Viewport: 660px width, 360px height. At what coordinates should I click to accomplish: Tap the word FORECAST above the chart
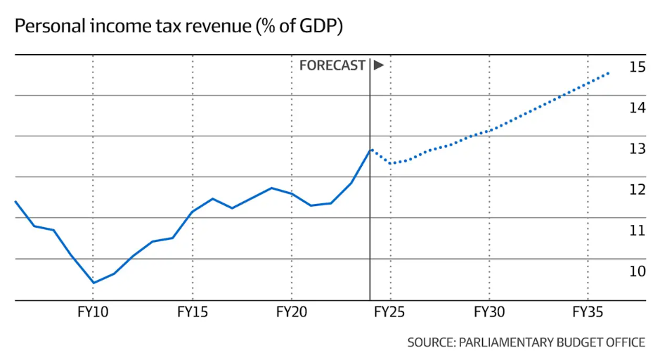click(332, 65)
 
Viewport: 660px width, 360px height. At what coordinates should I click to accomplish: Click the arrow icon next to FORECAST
click(378, 65)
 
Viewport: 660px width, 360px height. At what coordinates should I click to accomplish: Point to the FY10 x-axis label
click(93, 311)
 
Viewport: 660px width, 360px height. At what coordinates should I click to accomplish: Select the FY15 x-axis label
click(192, 311)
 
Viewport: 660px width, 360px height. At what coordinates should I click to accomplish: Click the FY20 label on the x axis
click(291, 311)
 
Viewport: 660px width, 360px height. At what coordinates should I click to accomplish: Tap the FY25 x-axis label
click(390, 311)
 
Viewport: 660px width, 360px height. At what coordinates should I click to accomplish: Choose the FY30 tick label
click(489, 311)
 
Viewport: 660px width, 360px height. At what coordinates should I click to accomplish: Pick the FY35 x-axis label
click(588, 311)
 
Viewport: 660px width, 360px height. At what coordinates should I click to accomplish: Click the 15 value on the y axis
click(637, 67)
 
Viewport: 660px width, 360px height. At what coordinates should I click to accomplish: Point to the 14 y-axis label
click(637, 108)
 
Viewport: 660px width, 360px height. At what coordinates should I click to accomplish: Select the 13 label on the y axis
click(637, 149)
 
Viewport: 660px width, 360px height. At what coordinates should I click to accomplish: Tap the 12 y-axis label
click(637, 190)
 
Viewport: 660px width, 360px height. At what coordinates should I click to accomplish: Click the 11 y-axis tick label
click(637, 231)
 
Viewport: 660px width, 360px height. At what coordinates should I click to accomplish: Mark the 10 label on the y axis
click(637, 271)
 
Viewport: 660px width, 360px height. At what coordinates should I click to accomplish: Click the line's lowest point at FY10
click(93, 283)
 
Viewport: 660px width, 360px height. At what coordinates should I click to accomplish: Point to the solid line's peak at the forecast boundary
click(370, 149)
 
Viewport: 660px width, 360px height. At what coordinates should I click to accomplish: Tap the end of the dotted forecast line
click(608, 72)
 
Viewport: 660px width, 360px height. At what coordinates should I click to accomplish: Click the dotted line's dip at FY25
click(391, 163)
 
